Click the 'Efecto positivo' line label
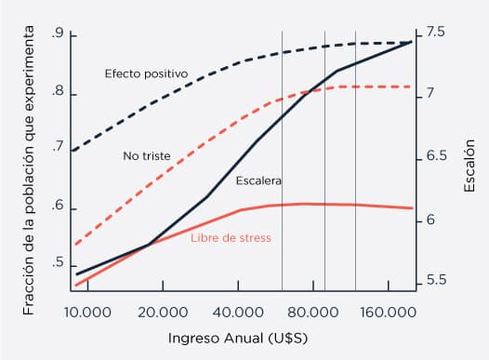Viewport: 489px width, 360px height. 146,73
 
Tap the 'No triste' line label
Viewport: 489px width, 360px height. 146,156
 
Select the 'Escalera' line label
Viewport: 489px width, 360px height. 258,180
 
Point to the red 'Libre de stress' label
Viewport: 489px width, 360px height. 231,238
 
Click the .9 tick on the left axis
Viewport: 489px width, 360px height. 58,35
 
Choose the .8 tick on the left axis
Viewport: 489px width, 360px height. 58,93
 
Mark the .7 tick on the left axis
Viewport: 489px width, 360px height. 58,147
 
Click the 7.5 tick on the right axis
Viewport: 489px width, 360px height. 435,33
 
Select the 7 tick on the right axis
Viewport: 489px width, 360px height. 430,95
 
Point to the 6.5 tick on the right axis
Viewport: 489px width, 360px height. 435,157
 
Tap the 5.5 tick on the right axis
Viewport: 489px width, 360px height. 435,280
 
